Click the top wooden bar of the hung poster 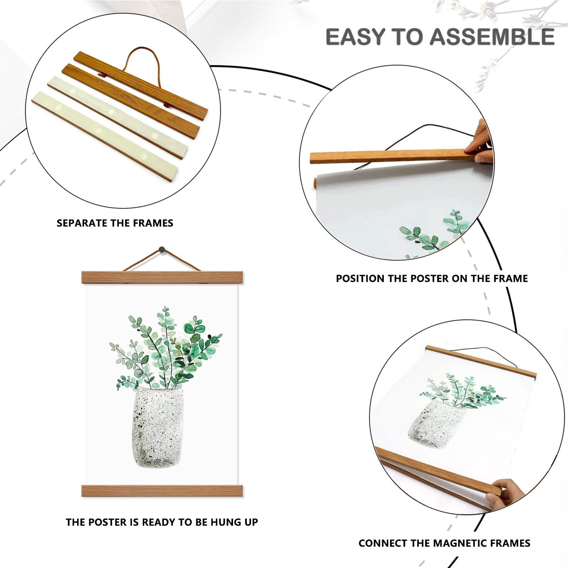point(162,277)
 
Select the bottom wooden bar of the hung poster point(162,491)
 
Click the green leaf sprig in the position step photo point(434,233)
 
